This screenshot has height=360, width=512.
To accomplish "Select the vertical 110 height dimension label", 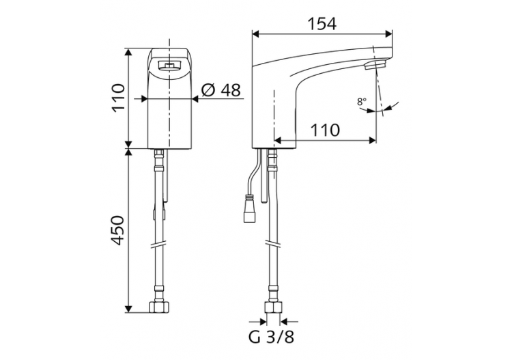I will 117,98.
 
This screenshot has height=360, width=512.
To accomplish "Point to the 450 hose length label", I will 117,232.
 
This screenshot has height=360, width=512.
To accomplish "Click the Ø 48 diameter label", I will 222,89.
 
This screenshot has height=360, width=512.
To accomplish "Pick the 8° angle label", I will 361,102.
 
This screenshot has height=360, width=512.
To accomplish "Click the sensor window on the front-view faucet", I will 169,66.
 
